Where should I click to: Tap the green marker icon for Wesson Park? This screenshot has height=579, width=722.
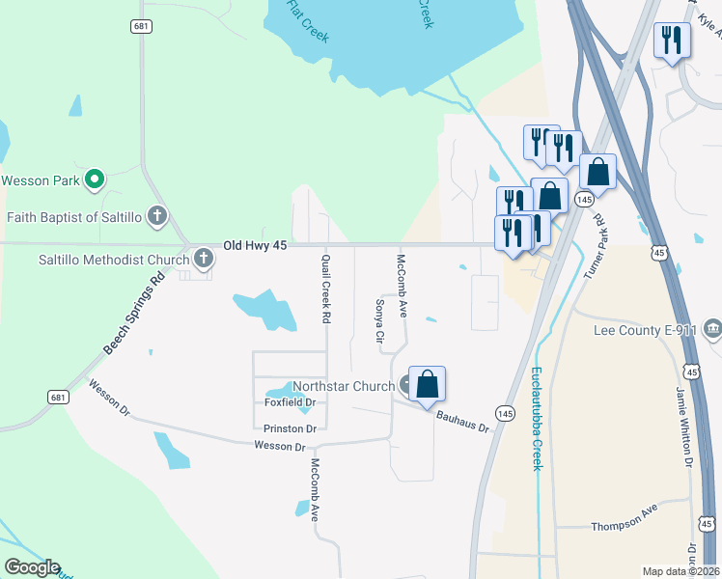(95, 179)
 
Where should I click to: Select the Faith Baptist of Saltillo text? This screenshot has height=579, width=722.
(73, 217)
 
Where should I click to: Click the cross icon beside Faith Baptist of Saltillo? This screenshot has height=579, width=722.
(158, 216)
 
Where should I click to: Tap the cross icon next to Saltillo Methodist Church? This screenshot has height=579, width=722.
(203, 259)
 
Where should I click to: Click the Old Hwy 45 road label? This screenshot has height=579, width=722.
(255, 247)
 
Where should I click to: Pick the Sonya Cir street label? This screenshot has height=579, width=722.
(379, 322)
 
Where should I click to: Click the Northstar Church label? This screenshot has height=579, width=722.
(344, 386)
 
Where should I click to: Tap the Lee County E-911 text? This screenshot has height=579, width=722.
(646, 330)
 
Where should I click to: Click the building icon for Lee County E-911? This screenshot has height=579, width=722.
(712, 329)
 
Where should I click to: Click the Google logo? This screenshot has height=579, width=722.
(31, 567)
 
